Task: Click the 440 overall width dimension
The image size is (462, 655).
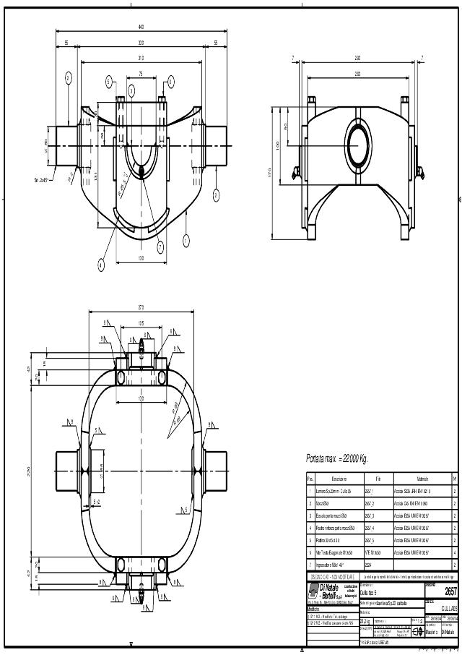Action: [141, 27]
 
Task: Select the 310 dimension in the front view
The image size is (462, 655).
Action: [141, 58]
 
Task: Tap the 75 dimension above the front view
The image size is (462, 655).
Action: [141, 74]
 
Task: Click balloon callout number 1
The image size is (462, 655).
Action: [186, 239]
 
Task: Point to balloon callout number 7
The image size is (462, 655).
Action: [160, 247]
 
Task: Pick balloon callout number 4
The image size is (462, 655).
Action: [101, 265]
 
